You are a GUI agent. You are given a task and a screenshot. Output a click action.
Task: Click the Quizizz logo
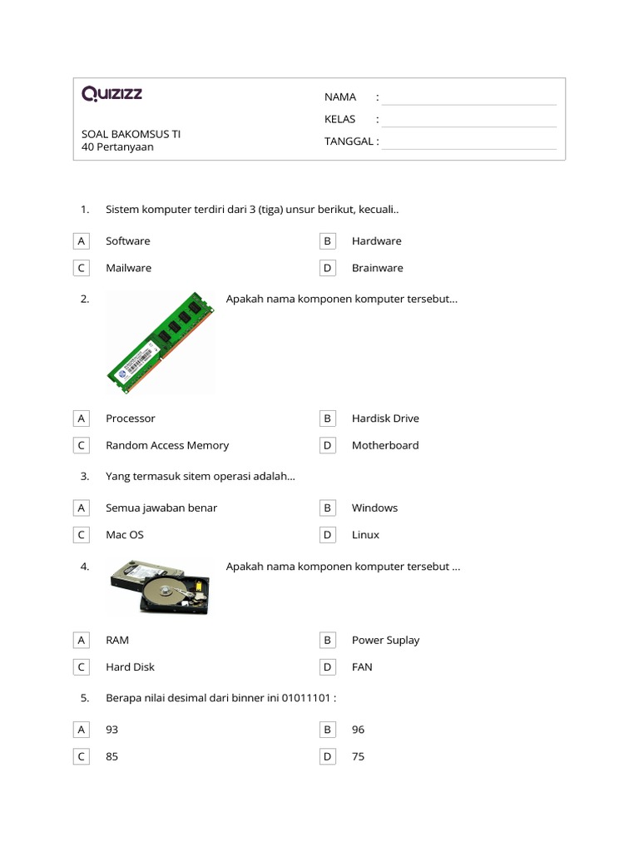coord(112,94)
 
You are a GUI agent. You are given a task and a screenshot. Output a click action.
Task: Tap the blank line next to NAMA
coord(468,98)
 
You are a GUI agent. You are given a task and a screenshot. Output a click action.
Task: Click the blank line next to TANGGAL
coord(468,142)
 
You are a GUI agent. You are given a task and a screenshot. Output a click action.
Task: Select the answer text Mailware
coord(128,268)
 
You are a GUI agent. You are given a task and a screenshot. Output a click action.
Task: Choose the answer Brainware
coord(377,268)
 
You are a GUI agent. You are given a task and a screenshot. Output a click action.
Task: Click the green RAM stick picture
coord(161,342)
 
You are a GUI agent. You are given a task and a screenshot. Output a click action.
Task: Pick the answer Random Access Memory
coord(167,445)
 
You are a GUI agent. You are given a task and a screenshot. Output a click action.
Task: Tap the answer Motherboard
coord(385,445)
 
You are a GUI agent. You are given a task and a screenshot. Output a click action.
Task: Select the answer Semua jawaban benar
coord(161,508)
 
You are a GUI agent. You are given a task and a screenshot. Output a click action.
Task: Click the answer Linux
coord(365,535)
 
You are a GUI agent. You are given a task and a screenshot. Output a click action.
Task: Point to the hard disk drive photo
coord(160,587)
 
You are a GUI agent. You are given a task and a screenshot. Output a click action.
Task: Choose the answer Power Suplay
coord(385,640)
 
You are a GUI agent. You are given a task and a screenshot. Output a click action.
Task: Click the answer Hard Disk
coord(130,667)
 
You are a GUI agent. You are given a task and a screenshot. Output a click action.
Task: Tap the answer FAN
coord(362,667)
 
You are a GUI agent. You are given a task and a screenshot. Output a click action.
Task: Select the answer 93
coord(112,730)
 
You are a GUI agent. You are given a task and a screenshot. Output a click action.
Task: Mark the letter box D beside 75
coord(328,757)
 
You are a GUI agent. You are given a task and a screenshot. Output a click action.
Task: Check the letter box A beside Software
coord(82,241)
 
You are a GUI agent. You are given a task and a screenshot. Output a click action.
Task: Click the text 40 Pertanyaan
coord(117,147)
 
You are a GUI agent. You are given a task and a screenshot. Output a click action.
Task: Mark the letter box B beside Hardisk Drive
coord(328,419)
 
